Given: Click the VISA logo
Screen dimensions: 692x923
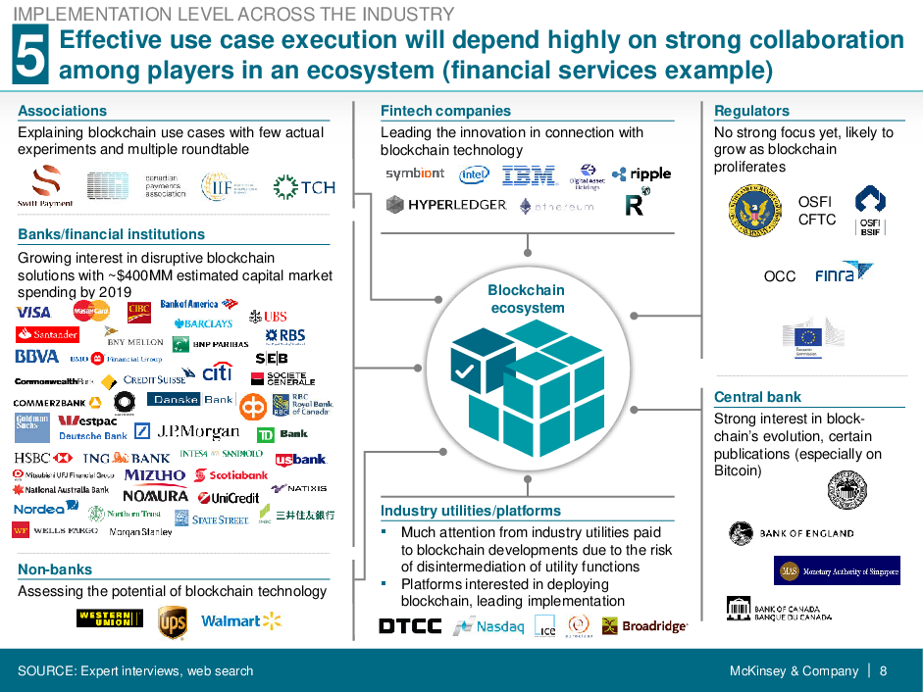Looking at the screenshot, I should pyautogui.click(x=33, y=312).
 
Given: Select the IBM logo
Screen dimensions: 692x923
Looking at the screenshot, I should pyautogui.click(x=530, y=175).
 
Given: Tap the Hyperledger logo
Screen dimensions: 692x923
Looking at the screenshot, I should pyautogui.click(x=446, y=205).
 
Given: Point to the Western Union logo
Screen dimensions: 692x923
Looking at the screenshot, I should pyautogui.click(x=109, y=618).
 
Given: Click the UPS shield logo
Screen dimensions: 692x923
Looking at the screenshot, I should pyautogui.click(x=173, y=621).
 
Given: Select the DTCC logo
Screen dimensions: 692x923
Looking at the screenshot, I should pyautogui.click(x=410, y=625).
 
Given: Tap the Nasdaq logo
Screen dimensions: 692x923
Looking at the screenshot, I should pyautogui.click(x=488, y=625).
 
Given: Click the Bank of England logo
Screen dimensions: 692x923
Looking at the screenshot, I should pyautogui.click(x=791, y=533).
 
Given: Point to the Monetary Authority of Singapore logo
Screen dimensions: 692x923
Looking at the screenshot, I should pyautogui.click(x=837, y=570).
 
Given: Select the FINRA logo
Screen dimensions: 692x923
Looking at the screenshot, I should pyautogui.click(x=844, y=271).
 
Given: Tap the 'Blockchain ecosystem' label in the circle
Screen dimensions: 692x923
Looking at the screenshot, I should pyautogui.click(x=527, y=299).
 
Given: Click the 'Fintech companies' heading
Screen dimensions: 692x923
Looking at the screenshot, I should pyautogui.click(x=445, y=111).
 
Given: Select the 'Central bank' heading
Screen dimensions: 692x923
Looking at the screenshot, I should pyautogui.click(x=757, y=397).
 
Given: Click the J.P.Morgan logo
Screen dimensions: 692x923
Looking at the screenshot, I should pyautogui.click(x=198, y=431).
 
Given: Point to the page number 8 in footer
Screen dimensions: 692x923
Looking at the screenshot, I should pyautogui.click(x=883, y=671).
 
